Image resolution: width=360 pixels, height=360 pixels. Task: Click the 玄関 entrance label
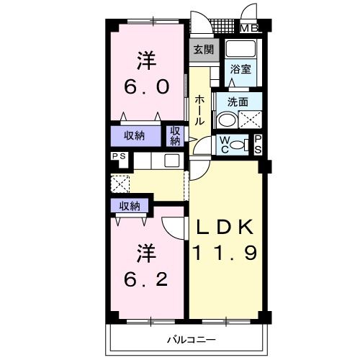tap(203, 50)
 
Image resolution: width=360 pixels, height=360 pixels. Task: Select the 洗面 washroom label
tap(238, 102)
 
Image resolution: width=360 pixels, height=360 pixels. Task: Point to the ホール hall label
tap(199, 110)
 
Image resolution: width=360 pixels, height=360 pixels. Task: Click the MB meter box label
tap(249, 29)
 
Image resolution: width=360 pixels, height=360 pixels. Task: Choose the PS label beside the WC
tap(257, 143)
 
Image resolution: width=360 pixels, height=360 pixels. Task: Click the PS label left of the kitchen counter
tap(117, 156)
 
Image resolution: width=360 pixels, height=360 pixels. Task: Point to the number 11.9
tap(225, 253)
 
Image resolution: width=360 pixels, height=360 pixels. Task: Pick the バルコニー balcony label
tap(191, 338)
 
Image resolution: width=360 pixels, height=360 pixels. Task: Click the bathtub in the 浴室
tap(240, 50)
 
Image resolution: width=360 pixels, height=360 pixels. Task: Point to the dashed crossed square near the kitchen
tap(120, 182)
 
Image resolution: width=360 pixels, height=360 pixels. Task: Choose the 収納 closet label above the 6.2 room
tap(130, 207)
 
